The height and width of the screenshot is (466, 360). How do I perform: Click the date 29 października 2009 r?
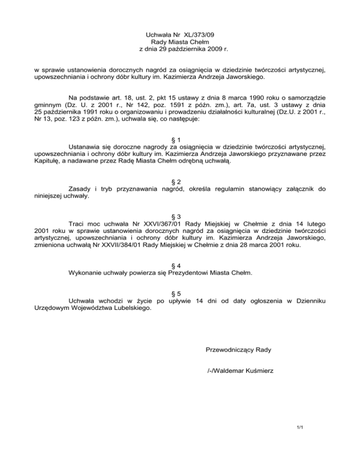click(187, 48)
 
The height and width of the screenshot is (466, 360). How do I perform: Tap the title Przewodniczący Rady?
click(238, 350)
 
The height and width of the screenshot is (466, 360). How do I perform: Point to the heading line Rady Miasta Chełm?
click(180, 41)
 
